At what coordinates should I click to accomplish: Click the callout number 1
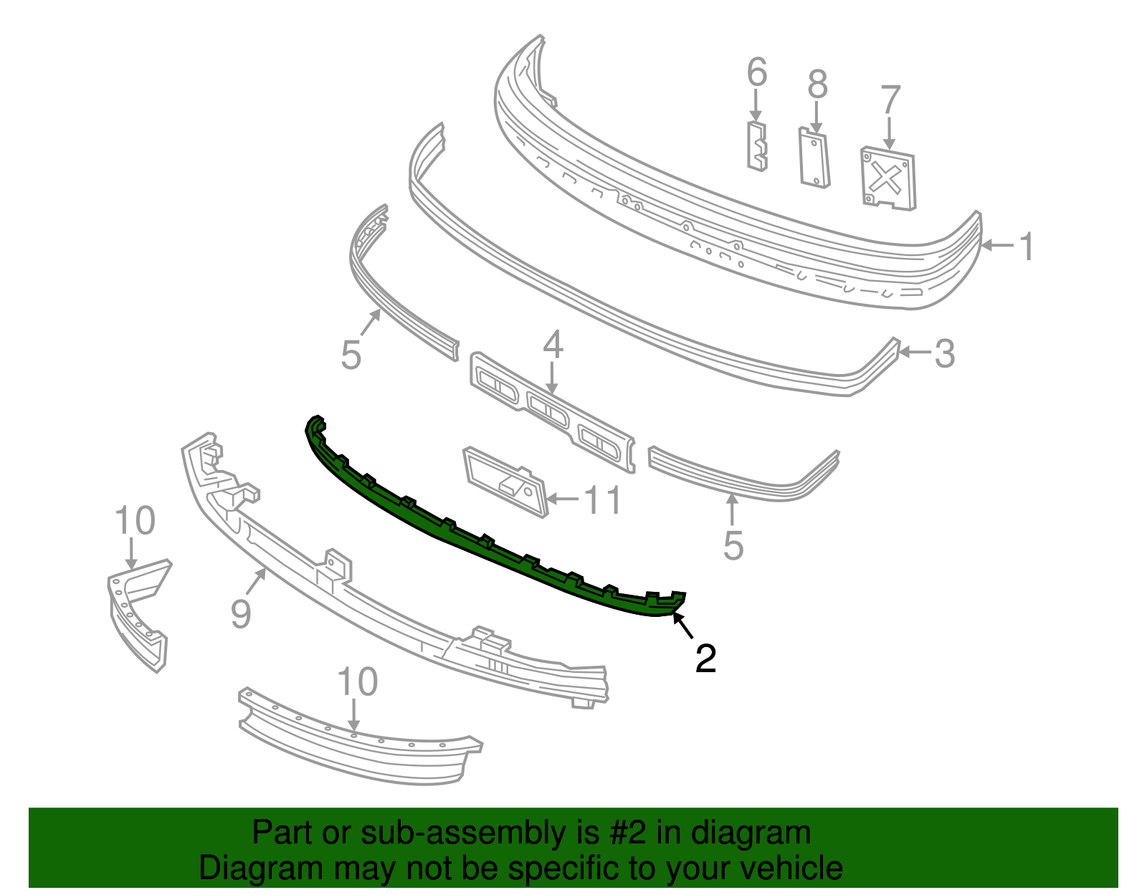click(x=1027, y=247)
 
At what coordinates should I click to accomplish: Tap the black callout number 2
click(x=705, y=658)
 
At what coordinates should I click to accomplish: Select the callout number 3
click(x=944, y=353)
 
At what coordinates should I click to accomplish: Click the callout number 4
click(x=553, y=345)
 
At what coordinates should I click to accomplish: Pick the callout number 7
click(x=890, y=100)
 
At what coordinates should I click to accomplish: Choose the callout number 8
click(x=817, y=85)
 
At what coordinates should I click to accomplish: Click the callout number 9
click(x=241, y=613)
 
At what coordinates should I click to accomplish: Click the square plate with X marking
click(x=888, y=178)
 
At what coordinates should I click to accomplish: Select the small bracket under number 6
click(x=757, y=147)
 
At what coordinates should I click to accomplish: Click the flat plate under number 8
click(x=814, y=158)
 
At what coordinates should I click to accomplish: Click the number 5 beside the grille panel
click(x=351, y=355)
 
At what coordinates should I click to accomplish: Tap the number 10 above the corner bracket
click(x=135, y=521)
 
